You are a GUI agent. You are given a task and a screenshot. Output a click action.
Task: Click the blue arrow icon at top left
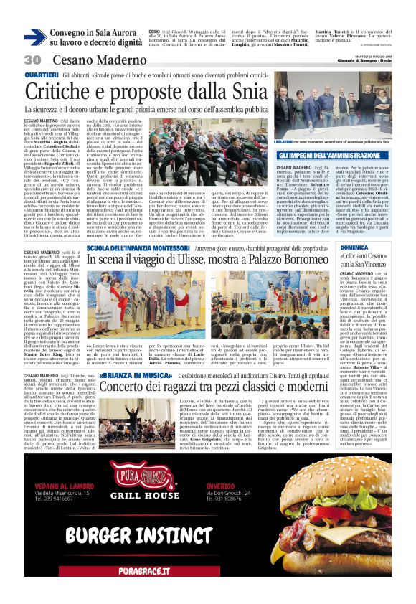pyautogui.click(x=34, y=37)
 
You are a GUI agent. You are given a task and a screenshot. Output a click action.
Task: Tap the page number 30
pyautogui.click(x=34, y=60)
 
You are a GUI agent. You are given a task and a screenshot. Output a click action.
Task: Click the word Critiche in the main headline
pyautogui.click(x=67, y=91)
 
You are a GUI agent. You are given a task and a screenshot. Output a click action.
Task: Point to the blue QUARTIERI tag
pyautogui.click(x=42, y=75)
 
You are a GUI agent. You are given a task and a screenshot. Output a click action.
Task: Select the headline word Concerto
pyautogui.click(x=130, y=388)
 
